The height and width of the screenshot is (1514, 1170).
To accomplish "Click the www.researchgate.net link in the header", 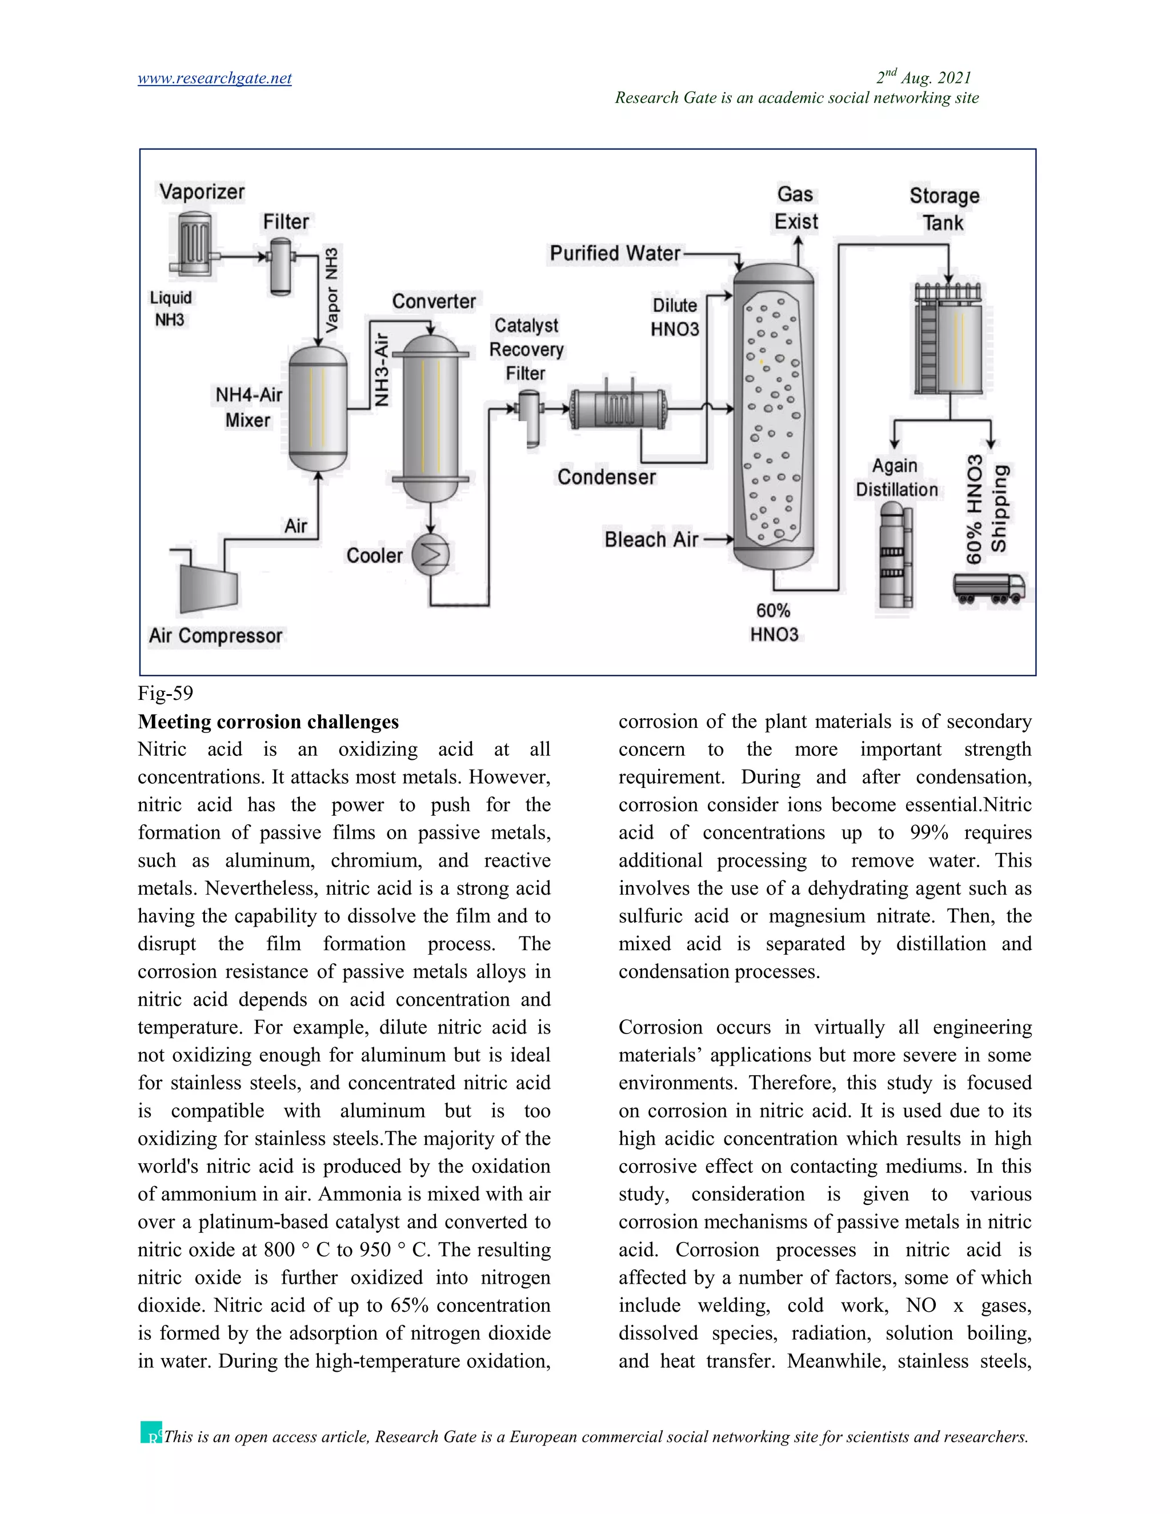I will (214, 78).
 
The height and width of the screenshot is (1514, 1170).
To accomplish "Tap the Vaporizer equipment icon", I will (194, 243).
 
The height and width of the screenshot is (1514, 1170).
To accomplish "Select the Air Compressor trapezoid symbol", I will (208, 587).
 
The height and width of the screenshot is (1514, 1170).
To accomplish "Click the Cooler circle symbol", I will (430, 555).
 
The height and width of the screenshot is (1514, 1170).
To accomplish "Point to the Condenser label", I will (607, 477).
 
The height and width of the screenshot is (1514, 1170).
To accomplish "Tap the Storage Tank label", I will (944, 209).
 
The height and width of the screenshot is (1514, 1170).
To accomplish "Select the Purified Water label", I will (615, 253).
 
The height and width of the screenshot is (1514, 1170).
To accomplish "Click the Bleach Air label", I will (651, 539).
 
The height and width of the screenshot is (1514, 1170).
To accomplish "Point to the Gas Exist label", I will (796, 208).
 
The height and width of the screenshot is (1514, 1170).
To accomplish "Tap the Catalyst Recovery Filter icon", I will (530, 416).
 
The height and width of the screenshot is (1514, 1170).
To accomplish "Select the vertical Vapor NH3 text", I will (332, 289).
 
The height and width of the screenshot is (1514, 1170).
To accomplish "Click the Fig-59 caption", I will (166, 692).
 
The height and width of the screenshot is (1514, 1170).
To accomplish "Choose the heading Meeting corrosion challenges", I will (269, 722).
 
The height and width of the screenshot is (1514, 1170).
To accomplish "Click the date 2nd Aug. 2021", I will (923, 78).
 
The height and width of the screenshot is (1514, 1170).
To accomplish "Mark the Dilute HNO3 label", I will (675, 317).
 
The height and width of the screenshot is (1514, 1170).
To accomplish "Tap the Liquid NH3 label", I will (170, 309).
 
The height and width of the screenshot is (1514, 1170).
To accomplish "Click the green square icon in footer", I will (150, 1432).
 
